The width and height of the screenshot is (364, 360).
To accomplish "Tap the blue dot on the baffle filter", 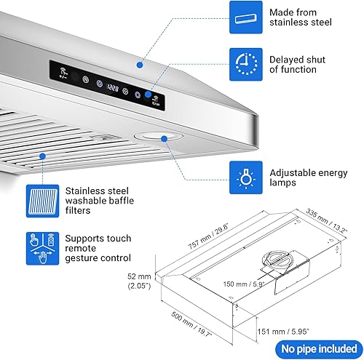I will (43, 155).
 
